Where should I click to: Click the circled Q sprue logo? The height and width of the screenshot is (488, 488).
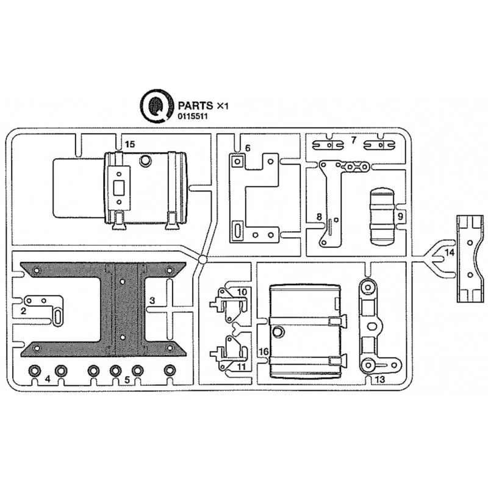[x=157, y=106]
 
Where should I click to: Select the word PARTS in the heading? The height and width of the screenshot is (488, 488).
[x=195, y=106]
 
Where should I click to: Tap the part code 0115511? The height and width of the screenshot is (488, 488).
[x=193, y=117]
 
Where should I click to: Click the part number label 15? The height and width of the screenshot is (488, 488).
[x=130, y=144]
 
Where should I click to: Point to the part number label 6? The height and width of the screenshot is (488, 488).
[x=248, y=148]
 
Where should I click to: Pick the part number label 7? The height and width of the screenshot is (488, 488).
[x=353, y=140]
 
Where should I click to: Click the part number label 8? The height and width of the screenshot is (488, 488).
[x=319, y=217]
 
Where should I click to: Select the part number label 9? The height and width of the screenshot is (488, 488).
[x=400, y=216]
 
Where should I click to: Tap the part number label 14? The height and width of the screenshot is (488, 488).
[x=450, y=253]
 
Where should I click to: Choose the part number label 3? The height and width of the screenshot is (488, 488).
[x=152, y=300]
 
